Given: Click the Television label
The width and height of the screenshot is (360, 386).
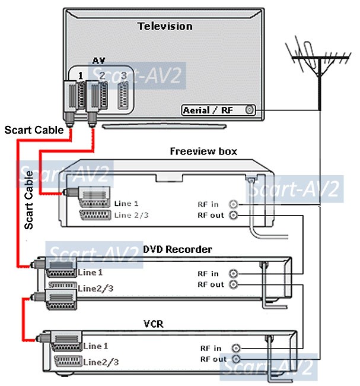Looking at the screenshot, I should (165, 26).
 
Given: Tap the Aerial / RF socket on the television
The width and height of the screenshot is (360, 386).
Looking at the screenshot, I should (249, 110).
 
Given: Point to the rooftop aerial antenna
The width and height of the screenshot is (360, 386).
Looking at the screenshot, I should (320, 59).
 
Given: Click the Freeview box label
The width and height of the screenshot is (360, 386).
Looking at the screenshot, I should (203, 151).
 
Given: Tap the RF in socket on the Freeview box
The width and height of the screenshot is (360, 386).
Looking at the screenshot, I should (234, 204).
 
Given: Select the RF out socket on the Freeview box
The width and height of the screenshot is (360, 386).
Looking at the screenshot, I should (234, 215).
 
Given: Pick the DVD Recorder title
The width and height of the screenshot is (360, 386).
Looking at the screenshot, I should (177, 250).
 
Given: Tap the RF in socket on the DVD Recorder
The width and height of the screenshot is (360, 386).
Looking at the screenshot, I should (234, 274).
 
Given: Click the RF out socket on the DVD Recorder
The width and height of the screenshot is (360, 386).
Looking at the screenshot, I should (234, 284).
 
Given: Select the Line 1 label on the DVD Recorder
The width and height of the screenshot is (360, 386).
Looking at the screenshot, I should (90, 273).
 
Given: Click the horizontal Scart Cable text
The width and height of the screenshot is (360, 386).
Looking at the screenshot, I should (33, 129).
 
